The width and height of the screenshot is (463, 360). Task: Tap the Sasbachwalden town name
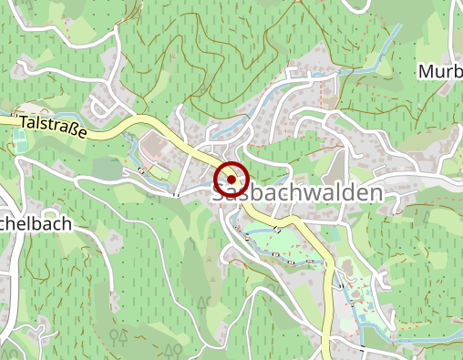tap(297, 193)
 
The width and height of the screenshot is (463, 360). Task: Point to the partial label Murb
tap(439, 71)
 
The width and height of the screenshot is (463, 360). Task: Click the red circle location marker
tap(232, 180)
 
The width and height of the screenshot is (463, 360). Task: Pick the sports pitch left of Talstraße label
tap(19, 140)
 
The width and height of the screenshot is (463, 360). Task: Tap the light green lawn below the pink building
tap(159, 170)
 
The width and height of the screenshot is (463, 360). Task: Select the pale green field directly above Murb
tap(437, 36)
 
